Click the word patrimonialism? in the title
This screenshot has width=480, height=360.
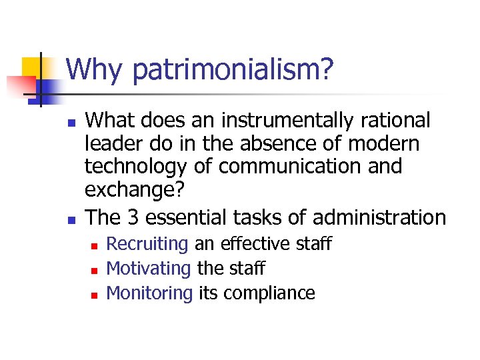(x=227, y=71)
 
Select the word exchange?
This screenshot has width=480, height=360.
(x=136, y=190)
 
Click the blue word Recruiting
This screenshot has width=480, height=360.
(x=147, y=245)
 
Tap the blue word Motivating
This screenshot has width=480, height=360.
(x=149, y=269)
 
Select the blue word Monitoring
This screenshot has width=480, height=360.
(x=149, y=293)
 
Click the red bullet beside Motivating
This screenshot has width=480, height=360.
(x=95, y=270)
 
